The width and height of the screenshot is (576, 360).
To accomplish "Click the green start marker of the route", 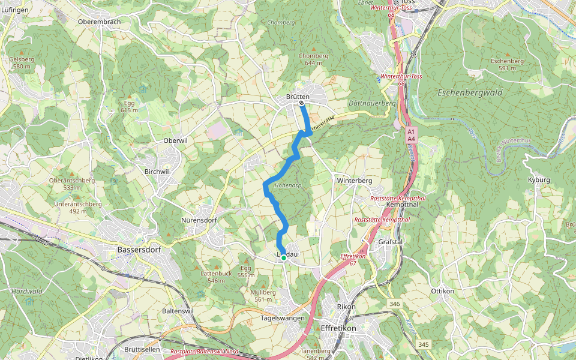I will pyautogui.click(x=283, y=257).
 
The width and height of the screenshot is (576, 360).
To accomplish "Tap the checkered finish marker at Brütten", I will pyautogui.click(x=301, y=103).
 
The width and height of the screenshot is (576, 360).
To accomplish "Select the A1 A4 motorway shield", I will pyautogui.click(x=411, y=134).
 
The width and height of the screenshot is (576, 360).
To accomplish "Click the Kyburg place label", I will pyautogui.click(x=538, y=180).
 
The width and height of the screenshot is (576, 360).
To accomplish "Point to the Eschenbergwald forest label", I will pyautogui.click(x=470, y=93).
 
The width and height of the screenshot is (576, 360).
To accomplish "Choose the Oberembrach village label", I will pyautogui.click(x=99, y=22).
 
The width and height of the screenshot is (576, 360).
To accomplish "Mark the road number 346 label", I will pyautogui.click(x=394, y=305).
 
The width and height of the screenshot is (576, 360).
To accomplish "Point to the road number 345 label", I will pyautogui.click(x=424, y=344).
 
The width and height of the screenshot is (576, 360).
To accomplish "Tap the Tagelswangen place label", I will pyautogui.click(x=283, y=318).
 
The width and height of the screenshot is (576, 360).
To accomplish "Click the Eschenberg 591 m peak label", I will pyautogui.click(x=507, y=64).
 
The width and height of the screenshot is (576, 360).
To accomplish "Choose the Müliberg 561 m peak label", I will pyautogui.click(x=264, y=296).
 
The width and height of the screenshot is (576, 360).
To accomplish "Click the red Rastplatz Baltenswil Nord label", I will pyautogui.click(x=204, y=352).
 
